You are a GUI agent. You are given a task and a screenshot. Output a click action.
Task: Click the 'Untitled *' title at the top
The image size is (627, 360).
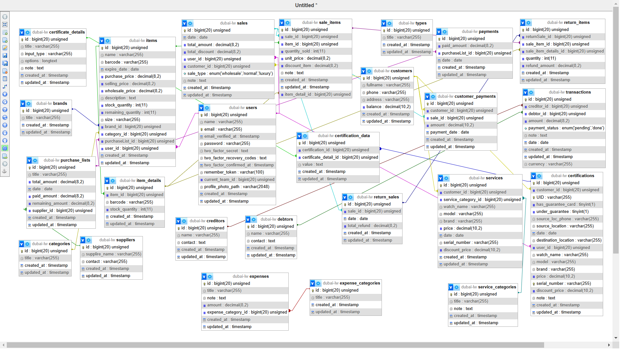[306, 5]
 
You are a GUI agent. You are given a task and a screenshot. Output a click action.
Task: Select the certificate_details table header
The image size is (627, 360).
[58, 32]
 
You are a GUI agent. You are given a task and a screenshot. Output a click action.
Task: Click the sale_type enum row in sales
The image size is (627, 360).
[230, 73]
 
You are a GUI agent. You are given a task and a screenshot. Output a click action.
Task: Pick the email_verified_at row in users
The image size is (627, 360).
[232, 136]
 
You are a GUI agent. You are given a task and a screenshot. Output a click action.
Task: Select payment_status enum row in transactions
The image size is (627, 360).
[566, 128]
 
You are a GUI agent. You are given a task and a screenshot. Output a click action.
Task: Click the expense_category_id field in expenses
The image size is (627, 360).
[247, 312]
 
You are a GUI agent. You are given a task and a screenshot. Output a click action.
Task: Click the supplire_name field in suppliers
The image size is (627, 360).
[113, 254]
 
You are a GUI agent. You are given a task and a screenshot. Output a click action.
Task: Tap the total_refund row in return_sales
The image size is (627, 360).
[372, 225]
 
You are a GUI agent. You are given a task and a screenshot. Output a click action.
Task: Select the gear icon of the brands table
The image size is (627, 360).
[29, 104]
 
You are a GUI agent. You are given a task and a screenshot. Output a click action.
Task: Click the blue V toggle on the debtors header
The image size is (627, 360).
[248, 219]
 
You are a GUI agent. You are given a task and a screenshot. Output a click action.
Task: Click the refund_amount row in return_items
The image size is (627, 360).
[553, 65]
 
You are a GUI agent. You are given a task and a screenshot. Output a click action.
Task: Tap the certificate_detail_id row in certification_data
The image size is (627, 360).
[340, 157]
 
